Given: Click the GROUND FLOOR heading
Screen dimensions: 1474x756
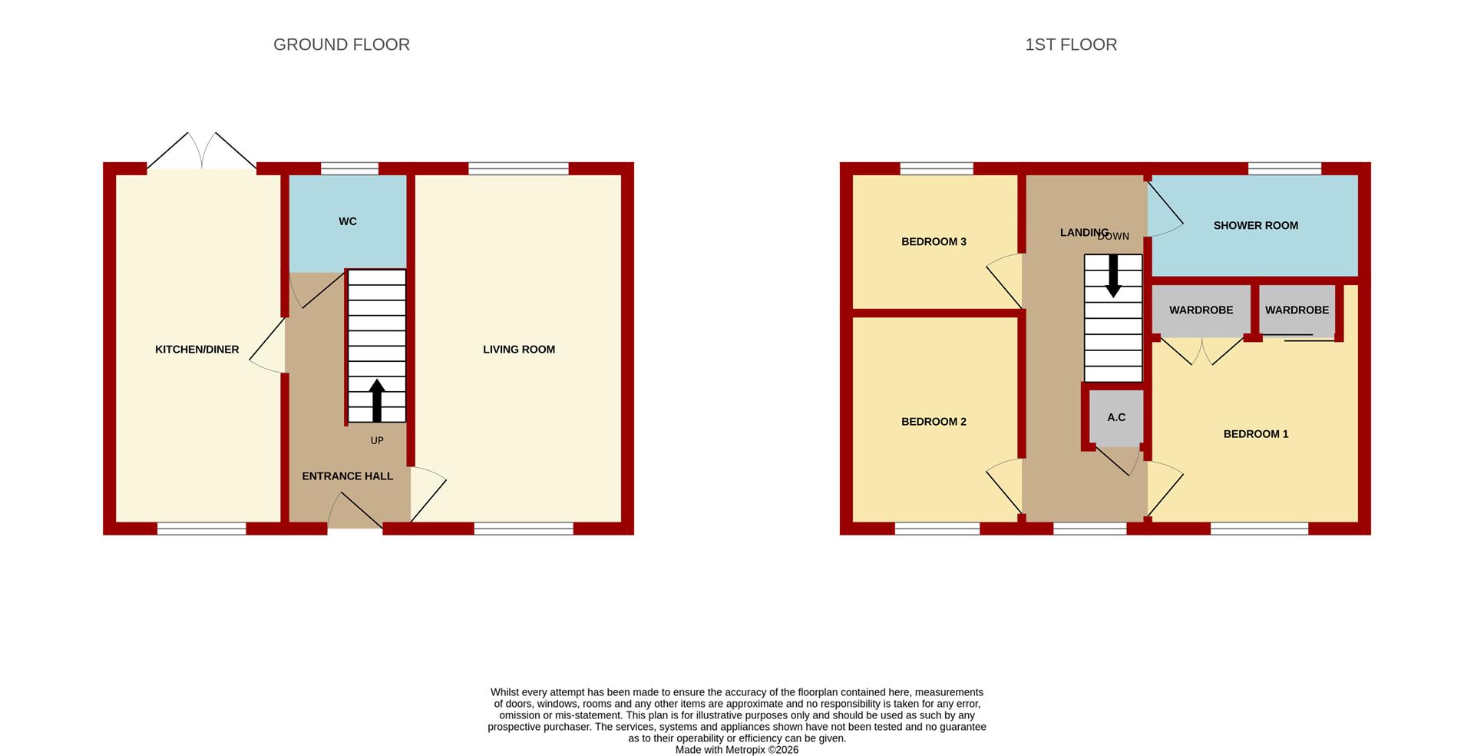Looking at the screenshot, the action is click(342, 45).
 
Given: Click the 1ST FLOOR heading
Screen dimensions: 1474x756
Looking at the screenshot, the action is click(1071, 45).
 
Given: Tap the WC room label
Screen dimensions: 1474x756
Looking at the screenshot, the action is click(348, 221).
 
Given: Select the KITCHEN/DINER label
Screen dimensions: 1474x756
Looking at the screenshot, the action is click(197, 350).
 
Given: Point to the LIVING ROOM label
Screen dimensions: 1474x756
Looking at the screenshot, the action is click(519, 350).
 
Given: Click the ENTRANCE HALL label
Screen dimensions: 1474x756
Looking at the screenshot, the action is click(348, 476).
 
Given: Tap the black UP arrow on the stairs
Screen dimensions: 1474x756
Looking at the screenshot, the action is click(377, 400).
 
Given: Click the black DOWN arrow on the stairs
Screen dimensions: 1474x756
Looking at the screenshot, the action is click(1113, 277).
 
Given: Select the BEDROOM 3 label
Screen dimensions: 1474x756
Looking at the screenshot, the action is click(934, 242).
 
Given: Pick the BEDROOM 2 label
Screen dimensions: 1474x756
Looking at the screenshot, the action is click(934, 422).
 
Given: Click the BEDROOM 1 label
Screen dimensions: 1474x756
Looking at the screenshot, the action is click(1256, 434).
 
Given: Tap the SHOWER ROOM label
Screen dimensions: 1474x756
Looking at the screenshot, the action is click(1256, 226).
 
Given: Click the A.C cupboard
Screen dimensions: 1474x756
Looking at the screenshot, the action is click(1116, 418).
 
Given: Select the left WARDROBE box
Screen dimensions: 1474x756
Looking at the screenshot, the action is click(1201, 310).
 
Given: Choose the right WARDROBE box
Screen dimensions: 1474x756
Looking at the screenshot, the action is click(1297, 310).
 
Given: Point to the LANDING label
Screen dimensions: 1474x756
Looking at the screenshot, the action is click(1084, 233).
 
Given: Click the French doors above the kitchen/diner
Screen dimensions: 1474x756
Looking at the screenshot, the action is click(202, 151).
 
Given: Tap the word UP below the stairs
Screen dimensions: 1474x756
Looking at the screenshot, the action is click(377, 441).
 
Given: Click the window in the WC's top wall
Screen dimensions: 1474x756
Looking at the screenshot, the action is click(349, 169).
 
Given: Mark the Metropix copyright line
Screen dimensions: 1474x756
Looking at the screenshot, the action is click(737, 750).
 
